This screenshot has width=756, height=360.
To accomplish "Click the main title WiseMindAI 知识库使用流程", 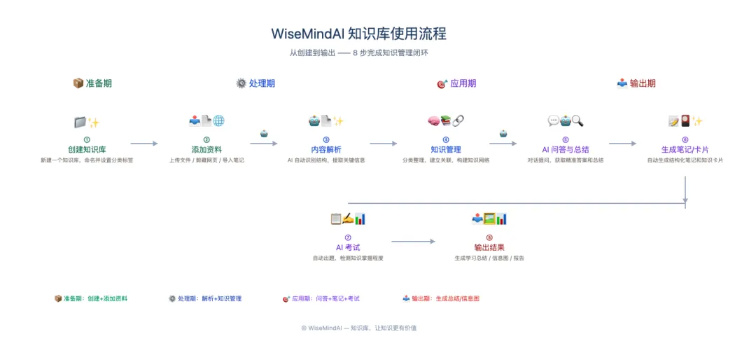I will coord(358,34).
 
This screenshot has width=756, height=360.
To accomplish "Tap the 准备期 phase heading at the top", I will coord(98,83).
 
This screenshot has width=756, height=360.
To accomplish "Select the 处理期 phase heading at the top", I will coord(261,83).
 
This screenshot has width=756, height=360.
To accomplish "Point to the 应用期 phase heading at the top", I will coord(462,83).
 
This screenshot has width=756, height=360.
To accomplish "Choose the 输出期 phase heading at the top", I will coord(642,83).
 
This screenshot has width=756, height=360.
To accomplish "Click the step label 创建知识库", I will coord(87,149).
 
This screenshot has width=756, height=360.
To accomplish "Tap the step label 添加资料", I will coord(206,149).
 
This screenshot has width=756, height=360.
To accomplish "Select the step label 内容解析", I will coord(326,149).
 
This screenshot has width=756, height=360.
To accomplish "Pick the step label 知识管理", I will coord(446,149).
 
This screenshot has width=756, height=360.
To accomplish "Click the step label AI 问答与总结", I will coord(565,149).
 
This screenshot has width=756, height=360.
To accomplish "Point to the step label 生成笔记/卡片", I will coord(685,149).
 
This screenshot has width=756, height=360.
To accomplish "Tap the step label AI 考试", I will coord(348,247).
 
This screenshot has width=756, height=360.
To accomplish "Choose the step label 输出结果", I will coord(489,247).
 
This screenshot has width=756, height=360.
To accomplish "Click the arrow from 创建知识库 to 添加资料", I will coord(144,144).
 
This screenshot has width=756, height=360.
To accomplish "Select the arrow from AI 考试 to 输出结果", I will coord(413,242).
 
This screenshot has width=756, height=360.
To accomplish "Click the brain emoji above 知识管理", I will coord(434,121).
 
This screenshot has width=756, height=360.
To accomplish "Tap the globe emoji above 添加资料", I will coord(218,121).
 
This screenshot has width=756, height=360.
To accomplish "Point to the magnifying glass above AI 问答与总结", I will coord(577,121).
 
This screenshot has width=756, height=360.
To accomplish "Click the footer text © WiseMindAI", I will coord(358,328).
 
